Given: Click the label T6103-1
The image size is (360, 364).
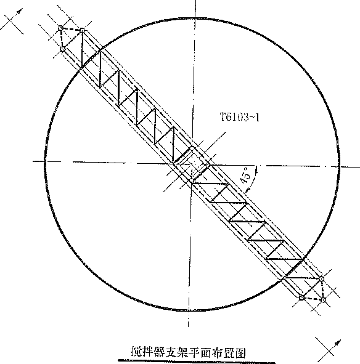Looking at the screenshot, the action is (x=240, y=117).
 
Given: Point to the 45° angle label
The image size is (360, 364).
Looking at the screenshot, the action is (x=246, y=176).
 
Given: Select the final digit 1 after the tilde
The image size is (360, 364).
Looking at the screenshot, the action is (x=257, y=117).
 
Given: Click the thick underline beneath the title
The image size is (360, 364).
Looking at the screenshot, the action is (x=197, y=361).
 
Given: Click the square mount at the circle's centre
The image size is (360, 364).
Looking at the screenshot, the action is (x=192, y=164).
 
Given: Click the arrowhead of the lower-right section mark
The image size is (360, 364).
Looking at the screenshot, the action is (x=338, y=343).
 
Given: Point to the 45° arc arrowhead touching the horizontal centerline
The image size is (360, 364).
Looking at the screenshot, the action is (x=256, y=170).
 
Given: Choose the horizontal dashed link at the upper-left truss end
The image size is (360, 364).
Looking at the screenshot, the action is (x=72, y=29).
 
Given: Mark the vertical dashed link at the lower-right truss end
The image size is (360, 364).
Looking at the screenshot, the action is (x=322, y=289).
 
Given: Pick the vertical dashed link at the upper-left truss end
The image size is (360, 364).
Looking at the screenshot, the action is (x=62, y=39).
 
